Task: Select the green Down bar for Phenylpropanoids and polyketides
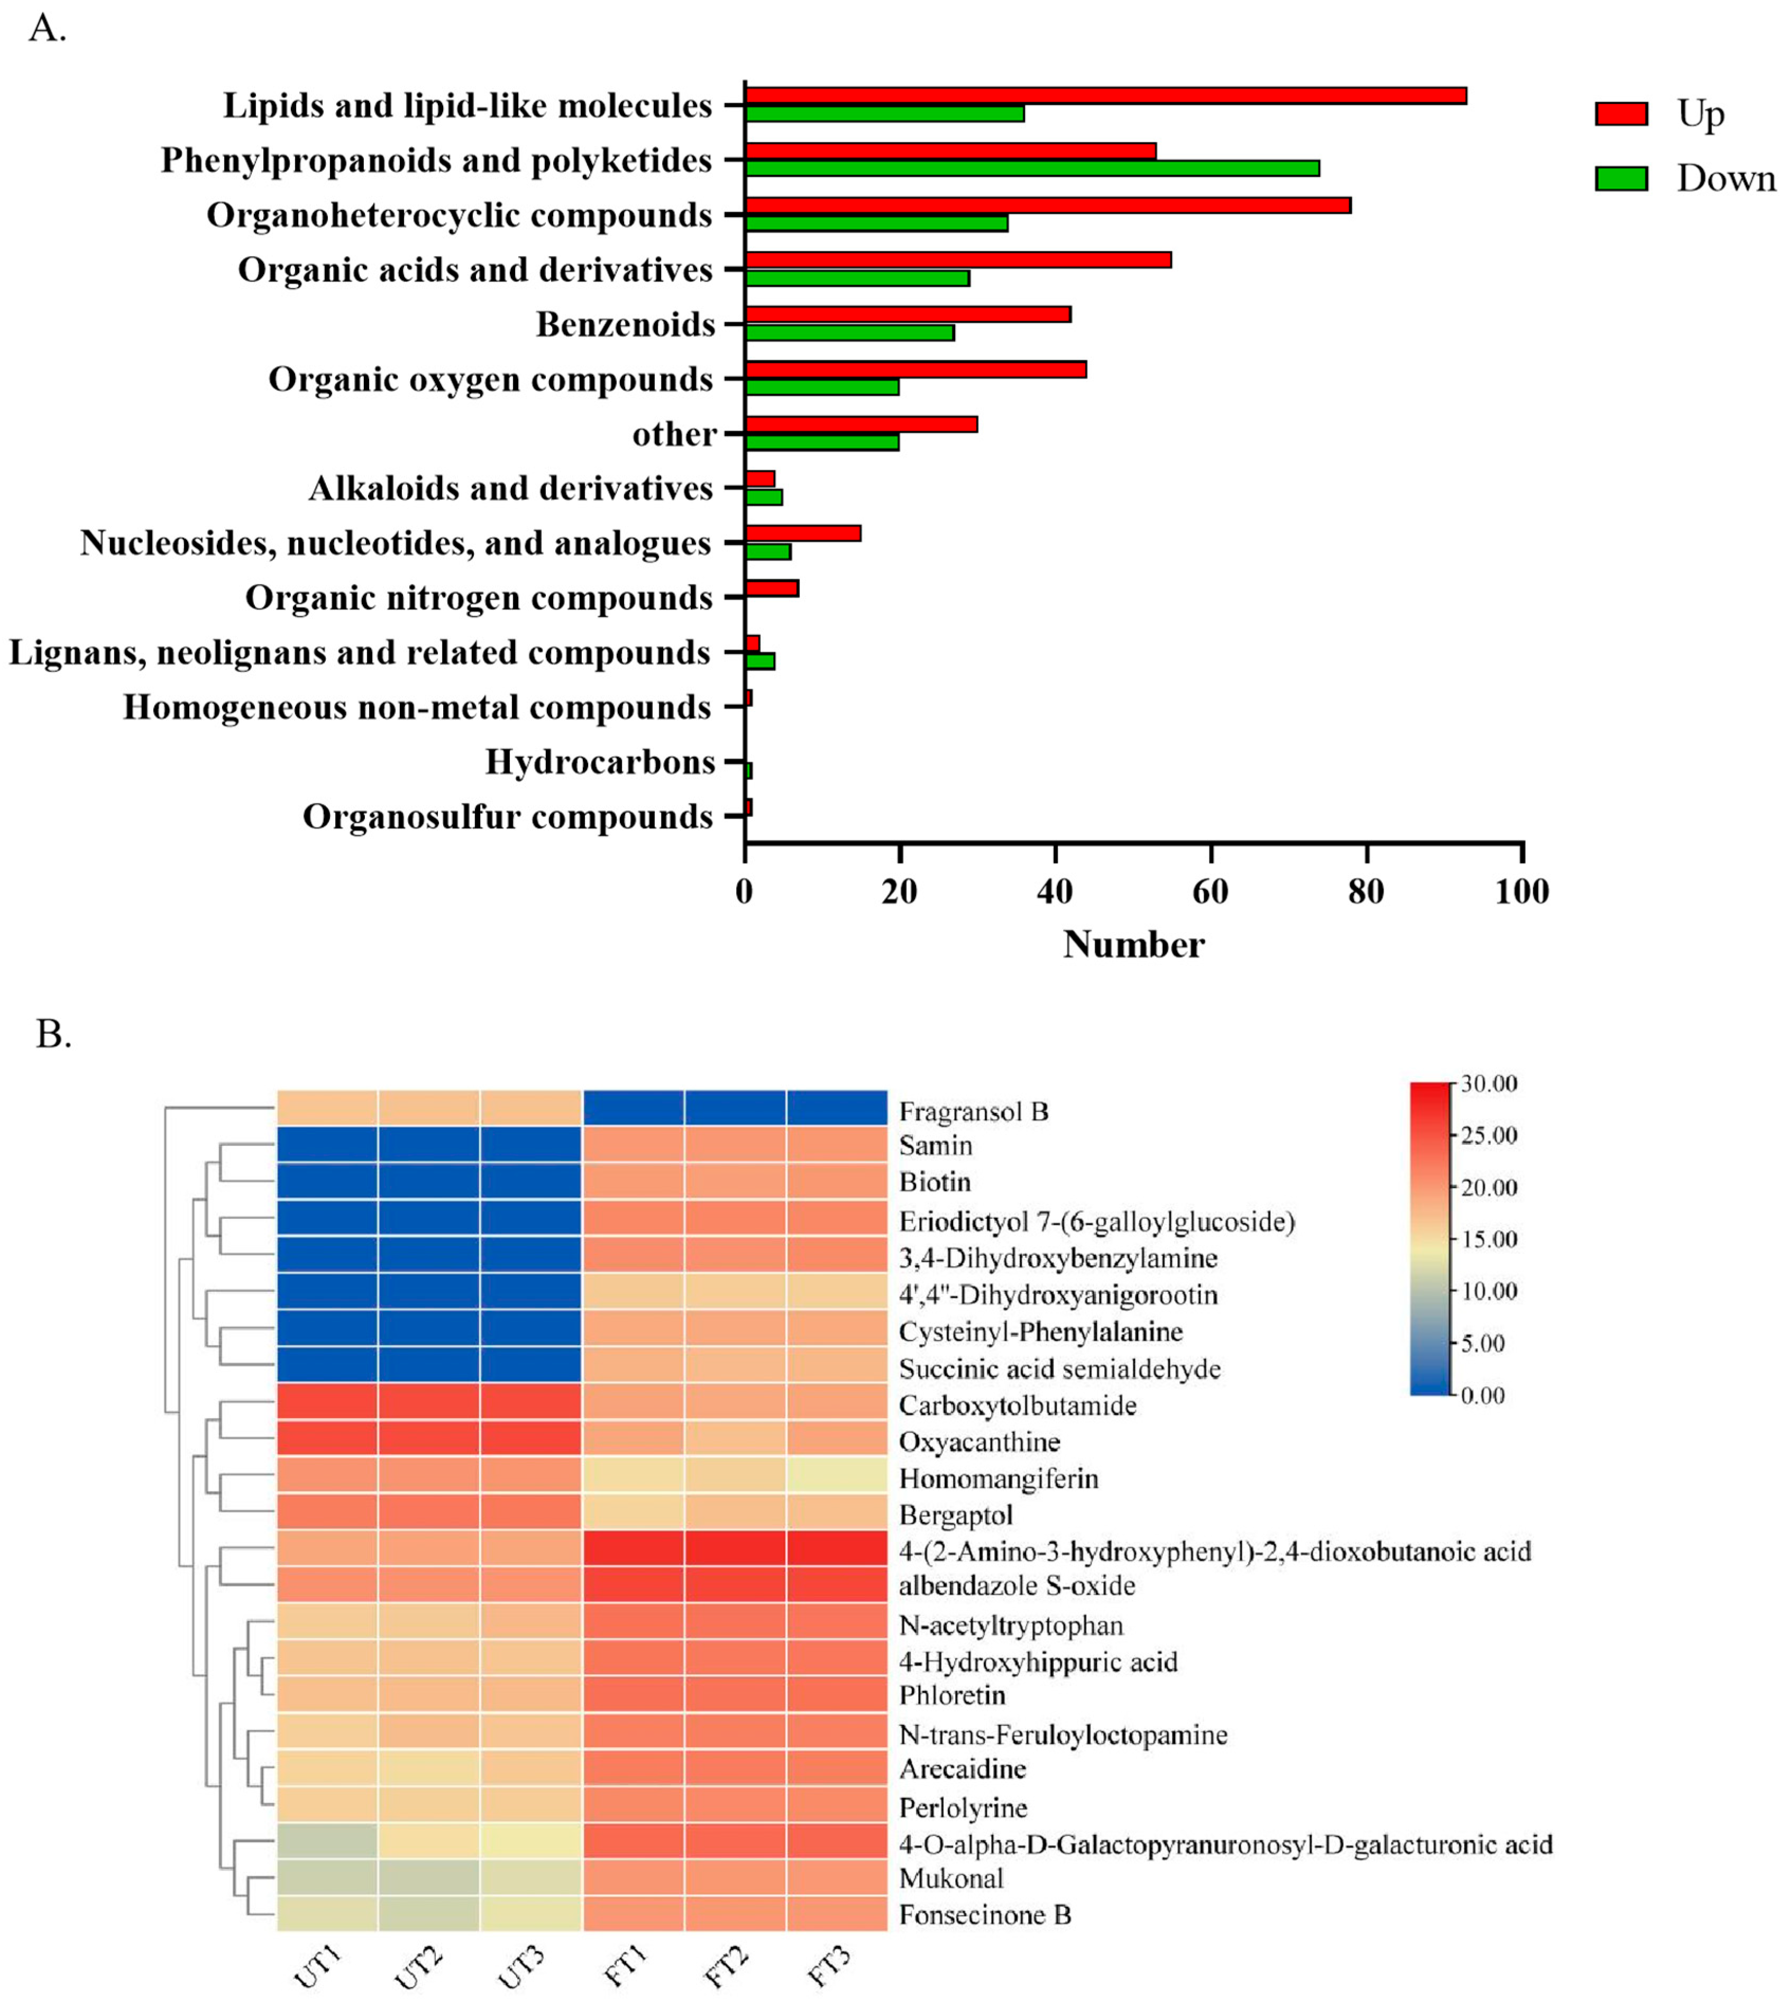coord(1031,168)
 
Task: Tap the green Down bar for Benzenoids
coord(849,333)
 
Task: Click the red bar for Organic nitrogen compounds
coord(772,588)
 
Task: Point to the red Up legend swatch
coord(1621,114)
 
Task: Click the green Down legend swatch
coord(1621,179)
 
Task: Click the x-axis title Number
coord(1133,944)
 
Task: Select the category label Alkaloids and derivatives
coord(510,488)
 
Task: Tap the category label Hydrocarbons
coord(600,762)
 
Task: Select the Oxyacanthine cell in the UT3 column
coord(531,1442)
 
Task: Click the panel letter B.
coord(54,1034)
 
